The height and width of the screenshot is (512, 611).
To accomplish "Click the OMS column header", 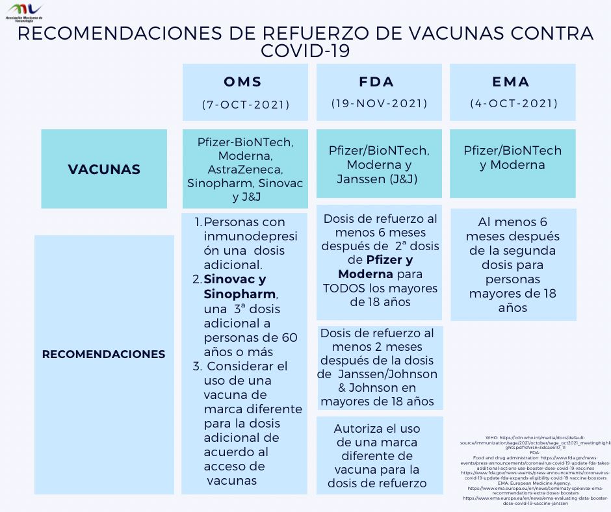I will pos(243,82).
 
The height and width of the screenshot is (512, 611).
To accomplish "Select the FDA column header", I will pos(377,82).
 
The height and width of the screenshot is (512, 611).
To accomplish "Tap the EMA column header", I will pos(511,82).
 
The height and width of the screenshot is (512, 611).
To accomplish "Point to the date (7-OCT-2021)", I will pos(245,104).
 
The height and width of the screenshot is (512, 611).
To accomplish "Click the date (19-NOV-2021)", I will pos(380,103).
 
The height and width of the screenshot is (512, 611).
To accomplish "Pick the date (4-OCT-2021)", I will pos(513,103).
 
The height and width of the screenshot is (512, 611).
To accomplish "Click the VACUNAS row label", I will pos(104,170).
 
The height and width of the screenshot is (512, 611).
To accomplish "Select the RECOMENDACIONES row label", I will pos(104,354).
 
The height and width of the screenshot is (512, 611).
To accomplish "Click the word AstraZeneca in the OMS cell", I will pos(245,170).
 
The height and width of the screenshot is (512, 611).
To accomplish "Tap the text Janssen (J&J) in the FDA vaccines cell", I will pos(377,179).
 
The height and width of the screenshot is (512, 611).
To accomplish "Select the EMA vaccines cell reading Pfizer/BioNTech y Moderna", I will pos(512,158).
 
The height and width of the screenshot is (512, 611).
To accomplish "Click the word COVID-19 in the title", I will pos(305,51).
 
